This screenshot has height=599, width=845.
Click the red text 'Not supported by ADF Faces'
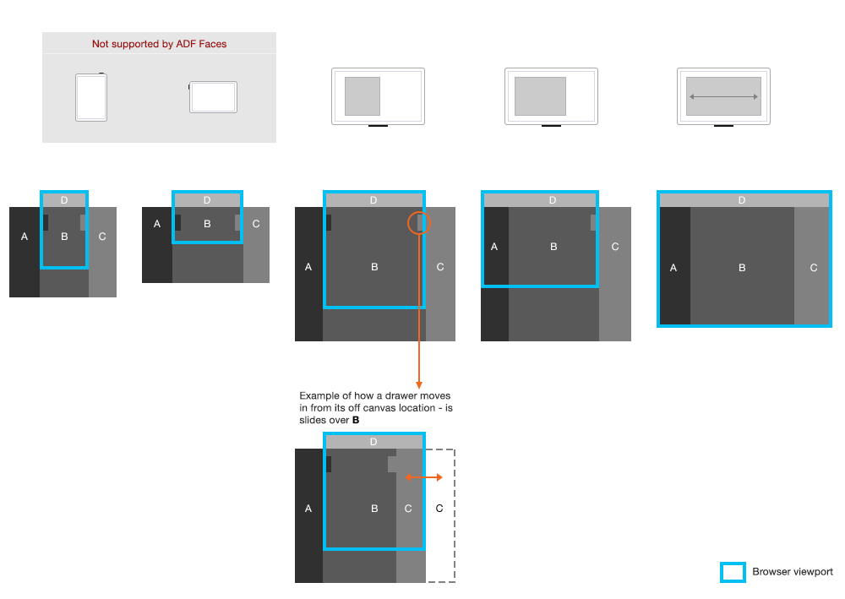point(159,44)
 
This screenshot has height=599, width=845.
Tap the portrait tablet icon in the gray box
point(91,97)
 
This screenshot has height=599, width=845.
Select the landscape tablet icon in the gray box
point(213,97)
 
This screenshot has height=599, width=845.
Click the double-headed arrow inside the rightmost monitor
point(724,97)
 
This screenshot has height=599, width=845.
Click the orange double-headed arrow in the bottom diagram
point(423,477)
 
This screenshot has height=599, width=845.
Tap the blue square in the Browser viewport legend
point(733,572)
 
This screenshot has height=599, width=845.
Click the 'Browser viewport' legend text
point(793,571)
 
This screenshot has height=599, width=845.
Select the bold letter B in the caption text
point(356,420)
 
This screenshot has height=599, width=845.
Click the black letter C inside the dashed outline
point(439,508)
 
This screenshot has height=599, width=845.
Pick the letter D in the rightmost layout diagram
point(742,200)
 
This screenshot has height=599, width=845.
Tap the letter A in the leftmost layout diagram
point(25,237)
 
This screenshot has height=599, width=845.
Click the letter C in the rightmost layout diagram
point(813,268)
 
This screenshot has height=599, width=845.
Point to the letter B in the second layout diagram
point(207,224)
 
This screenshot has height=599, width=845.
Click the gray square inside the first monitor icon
point(363,96)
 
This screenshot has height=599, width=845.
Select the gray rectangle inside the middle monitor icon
point(540,96)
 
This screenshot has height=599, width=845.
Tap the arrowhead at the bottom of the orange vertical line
point(419,385)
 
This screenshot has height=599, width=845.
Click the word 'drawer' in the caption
point(401,395)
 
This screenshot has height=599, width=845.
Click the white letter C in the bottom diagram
point(408,508)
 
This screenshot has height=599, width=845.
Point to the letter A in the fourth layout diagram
point(494,247)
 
